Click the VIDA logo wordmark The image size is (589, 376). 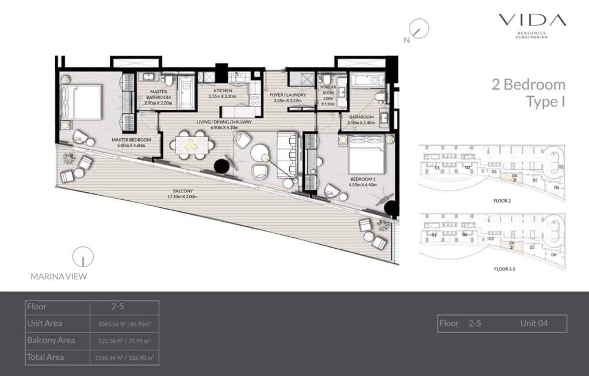531,21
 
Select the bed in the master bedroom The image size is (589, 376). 81,102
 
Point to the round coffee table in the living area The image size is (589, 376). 262,154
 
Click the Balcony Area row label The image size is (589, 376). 51,340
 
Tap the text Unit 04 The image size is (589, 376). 534,324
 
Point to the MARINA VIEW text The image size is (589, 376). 59,276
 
